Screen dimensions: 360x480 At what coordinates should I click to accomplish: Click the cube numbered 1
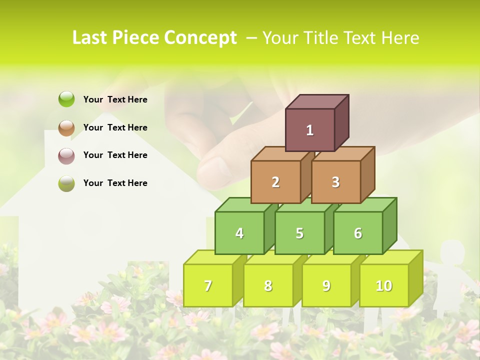[x=310, y=130]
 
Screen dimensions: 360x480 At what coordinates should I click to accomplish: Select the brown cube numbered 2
[x=275, y=182]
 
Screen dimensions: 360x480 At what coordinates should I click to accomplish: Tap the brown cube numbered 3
[x=335, y=182]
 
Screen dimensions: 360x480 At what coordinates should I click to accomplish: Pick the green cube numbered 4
[x=239, y=233]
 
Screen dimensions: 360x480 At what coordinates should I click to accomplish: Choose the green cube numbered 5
[x=299, y=233]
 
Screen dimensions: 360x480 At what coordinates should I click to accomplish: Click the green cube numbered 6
[x=358, y=233]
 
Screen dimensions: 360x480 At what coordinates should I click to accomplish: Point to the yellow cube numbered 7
[x=208, y=285]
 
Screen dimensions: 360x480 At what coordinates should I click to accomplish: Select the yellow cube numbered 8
[x=268, y=285]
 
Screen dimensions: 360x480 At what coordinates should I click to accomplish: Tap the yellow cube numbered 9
[x=326, y=285]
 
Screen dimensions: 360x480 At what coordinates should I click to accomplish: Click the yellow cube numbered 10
[x=384, y=285]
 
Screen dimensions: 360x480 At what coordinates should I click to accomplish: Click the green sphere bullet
[x=66, y=99]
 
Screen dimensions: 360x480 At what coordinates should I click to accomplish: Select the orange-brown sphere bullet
[x=66, y=127]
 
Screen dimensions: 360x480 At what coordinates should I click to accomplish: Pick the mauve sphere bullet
[x=66, y=155]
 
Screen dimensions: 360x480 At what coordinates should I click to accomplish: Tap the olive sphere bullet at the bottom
[x=66, y=183]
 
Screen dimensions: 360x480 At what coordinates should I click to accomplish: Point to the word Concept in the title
[x=200, y=38]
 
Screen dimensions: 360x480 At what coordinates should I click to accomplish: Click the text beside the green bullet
[x=115, y=99]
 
